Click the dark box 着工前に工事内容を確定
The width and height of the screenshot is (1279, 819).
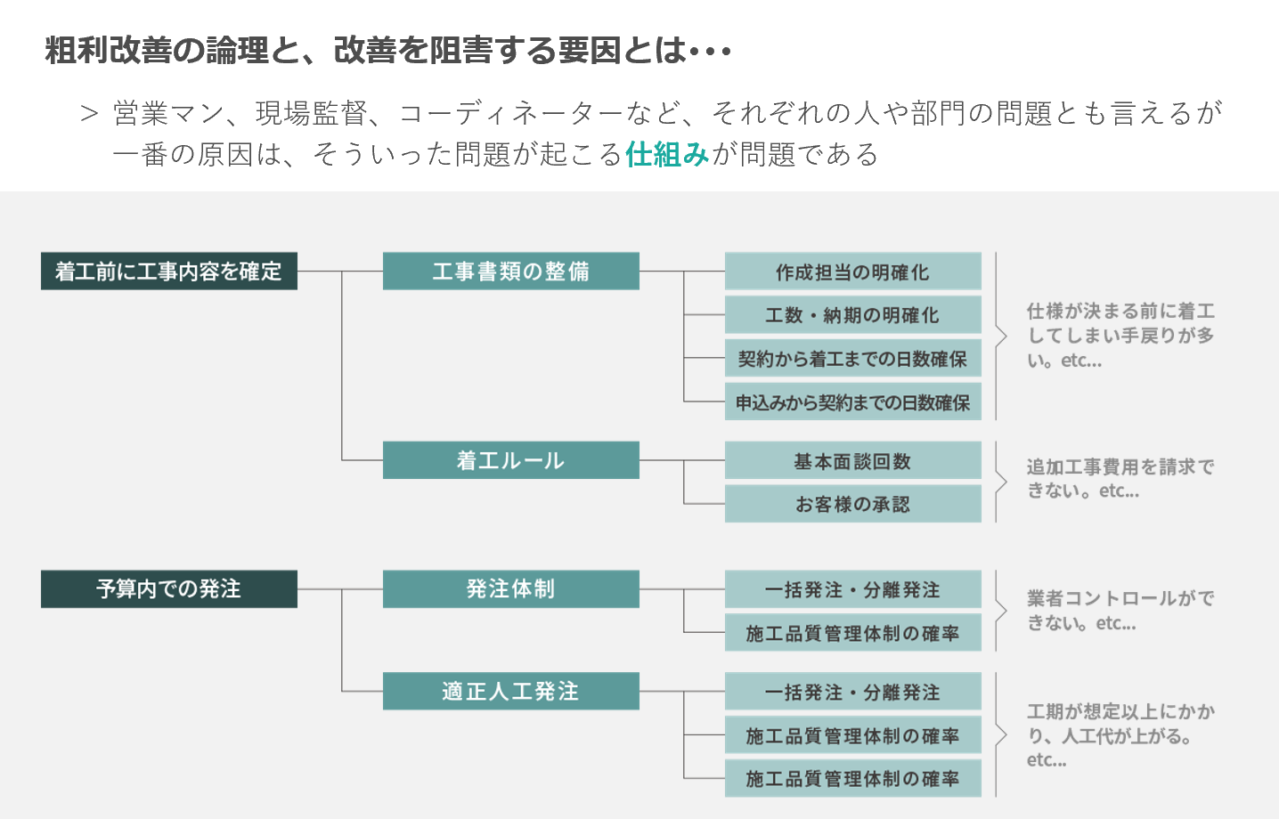pyautogui.click(x=169, y=272)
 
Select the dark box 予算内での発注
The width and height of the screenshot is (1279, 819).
pyautogui.click(x=169, y=589)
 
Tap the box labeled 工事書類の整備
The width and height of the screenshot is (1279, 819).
pyautogui.click(x=511, y=272)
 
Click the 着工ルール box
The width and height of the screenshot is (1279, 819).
pyautogui.click(x=511, y=460)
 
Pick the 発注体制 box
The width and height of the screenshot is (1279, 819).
pyautogui.click(x=511, y=589)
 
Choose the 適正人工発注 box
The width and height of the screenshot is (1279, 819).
pyautogui.click(x=511, y=691)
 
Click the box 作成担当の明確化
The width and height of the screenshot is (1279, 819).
pyautogui.click(x=853, y=272)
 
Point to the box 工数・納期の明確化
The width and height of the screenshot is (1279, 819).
pyautogui.click(x=853, y=314)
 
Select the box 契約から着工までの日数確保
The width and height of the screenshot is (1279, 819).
pyautogui.click(x=853, y=358)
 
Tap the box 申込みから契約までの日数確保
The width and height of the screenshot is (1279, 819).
pyautogui.click(x=853, y=401)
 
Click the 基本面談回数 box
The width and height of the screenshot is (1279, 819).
pyautogui.click(x=853, y=460)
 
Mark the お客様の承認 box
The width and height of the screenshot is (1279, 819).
pyautogui.click(x=853, y=504)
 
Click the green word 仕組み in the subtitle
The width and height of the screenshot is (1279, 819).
pyautogui.click(x=667, y=154)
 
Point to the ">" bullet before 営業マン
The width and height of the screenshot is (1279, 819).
pyautogui.click(x=90, y=114)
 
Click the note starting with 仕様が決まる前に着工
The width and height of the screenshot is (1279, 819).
pyautogui.click(x=1120, y=336)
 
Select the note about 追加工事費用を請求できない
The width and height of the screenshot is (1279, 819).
pyautogui.click(x=1120, y=478)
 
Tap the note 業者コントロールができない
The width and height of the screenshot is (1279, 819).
pyautogui.click(x=1120, y=611)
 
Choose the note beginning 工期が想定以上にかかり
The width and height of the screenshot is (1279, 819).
pyautogui.click(x=1120, y=735)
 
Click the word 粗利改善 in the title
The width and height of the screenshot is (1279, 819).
pyautogui.click(x=108, y=50)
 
